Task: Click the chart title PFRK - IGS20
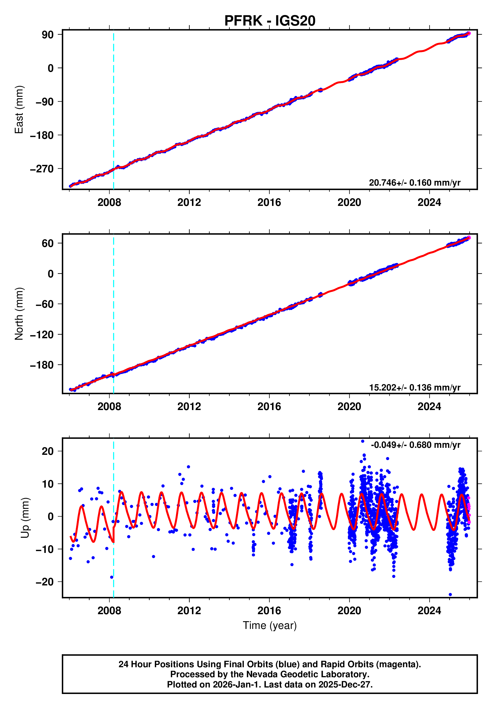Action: [270, 21]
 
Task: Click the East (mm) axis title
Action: [19, 110]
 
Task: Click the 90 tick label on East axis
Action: [48, 35]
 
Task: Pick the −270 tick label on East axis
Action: [42, 169]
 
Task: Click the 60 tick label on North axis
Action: [48, 243]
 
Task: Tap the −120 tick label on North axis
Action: [42, 334]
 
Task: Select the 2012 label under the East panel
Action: [189, 203]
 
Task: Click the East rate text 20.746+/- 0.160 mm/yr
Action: [414, 183]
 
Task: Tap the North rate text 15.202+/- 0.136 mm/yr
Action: [414, 388]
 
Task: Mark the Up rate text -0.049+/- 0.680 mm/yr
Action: [415, 445]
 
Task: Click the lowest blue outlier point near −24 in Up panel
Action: [450, 594]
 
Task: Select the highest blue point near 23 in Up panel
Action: [363, 441]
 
